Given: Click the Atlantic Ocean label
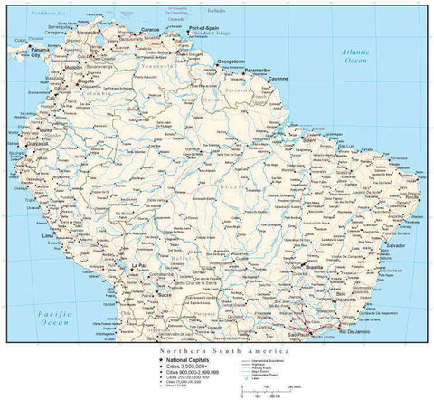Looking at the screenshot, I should click(354, 56).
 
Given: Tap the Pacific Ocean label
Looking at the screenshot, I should click(54, 318).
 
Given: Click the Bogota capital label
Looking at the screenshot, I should click(89, 84).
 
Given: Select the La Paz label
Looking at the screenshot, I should click(138, 265).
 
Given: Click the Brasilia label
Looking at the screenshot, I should click(316, 269).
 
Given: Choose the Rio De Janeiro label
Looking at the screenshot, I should click(357, 332).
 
